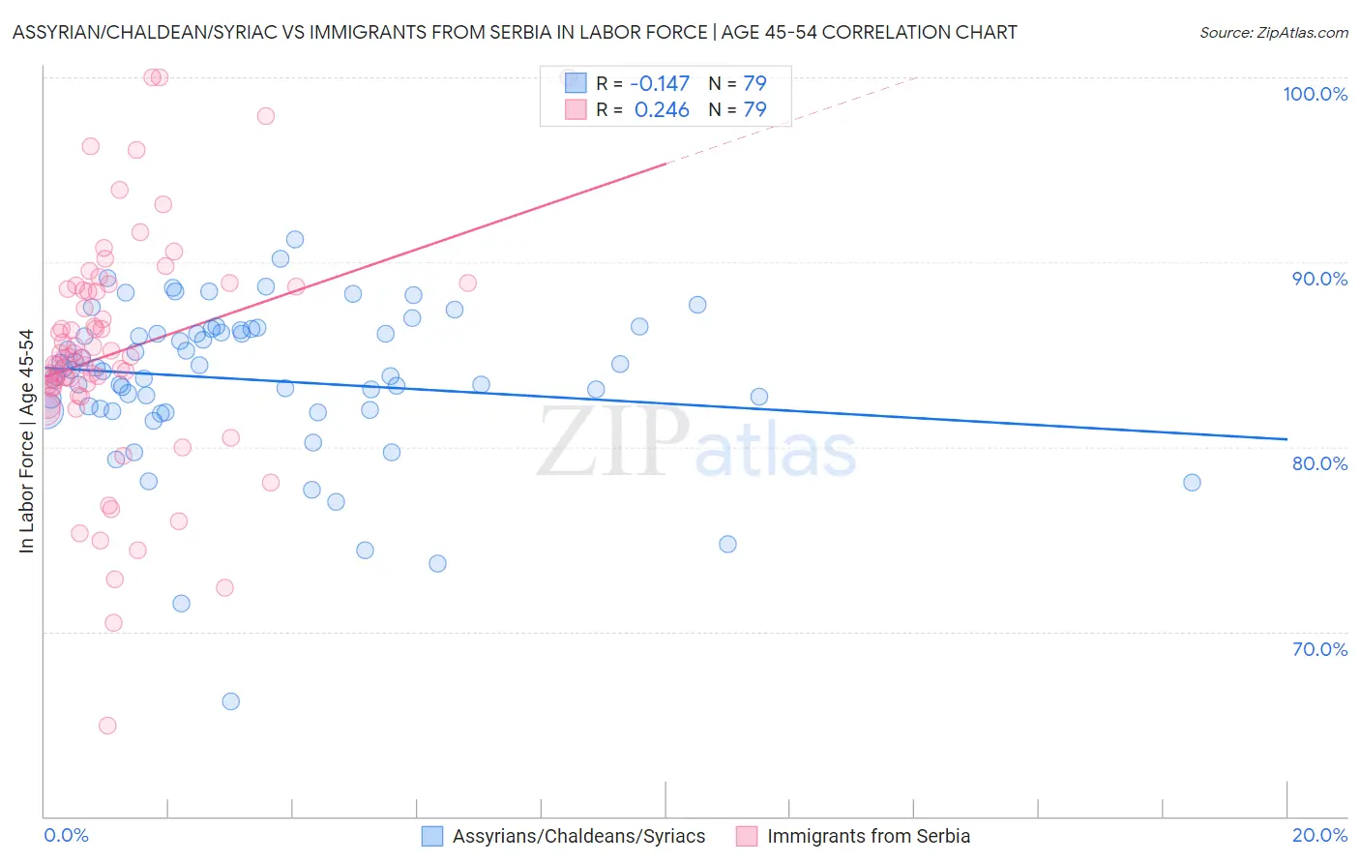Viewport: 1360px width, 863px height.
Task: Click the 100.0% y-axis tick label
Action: click(1315, 94)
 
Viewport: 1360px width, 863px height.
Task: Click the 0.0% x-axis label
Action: click(66, 835)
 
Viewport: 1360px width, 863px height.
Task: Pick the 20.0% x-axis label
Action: click(1319, 835)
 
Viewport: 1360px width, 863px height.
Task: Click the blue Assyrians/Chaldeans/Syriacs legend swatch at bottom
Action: click(432, 836)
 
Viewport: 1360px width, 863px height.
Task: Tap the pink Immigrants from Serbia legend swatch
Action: click(747, 836)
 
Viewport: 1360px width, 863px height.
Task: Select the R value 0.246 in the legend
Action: click(662, 109)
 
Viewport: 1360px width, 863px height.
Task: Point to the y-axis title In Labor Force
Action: click(26, 441)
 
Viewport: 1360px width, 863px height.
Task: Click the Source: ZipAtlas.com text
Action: click(1273, 33)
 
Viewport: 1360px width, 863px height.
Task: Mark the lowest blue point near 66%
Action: click(230, 701)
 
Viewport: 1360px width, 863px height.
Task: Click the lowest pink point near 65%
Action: click(107, 726)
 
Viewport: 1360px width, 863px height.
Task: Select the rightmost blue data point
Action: click(1192, 483)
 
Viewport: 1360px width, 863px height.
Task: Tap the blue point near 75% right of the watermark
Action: click(727, 545)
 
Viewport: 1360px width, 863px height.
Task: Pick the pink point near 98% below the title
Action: click(266, 116)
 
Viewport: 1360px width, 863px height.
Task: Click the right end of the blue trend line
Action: click(1286, 439)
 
